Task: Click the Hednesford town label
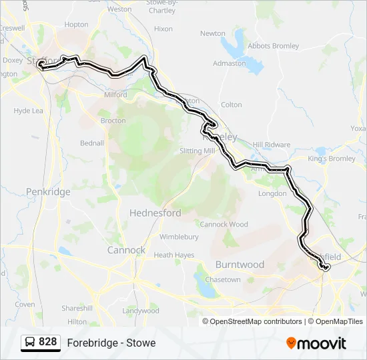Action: pos(155,213)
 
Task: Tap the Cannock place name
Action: pos(126,251)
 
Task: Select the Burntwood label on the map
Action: pos(240,265)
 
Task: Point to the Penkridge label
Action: pos(48,192)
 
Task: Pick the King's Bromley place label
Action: pos(332,159)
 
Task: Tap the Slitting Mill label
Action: pos(198,151)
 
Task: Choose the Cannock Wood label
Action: pos(224,225)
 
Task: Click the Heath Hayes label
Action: pos(173,255)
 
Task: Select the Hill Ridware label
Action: pos(272,145)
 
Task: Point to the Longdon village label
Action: pos(272,193)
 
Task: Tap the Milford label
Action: pos(115,95)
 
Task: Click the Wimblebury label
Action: pos(179,237)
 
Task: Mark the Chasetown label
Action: pos(223,280)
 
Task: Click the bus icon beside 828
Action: pos(30,343)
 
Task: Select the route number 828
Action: pos(47,342)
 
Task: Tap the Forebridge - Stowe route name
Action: pos(111,343)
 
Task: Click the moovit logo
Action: pos(316,343)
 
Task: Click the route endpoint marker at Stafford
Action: pos(41,65)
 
